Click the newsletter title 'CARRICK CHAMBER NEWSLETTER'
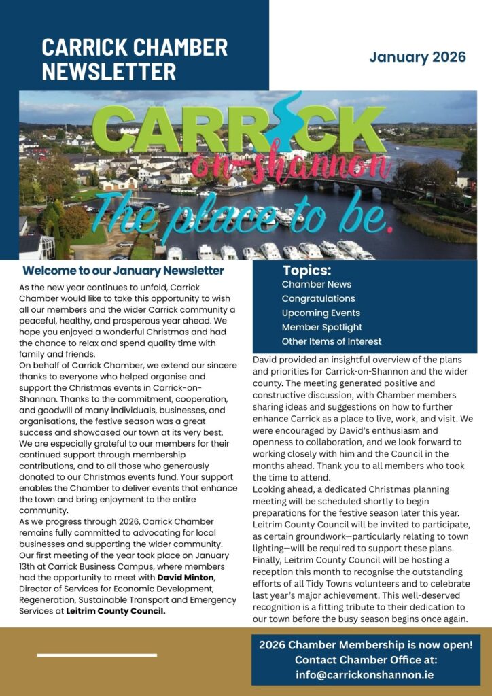pyautogui.click(x=135, y=59)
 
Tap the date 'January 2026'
pyautogui.click(x=417, y=57)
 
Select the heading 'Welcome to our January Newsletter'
pyautogui.click(x=123, y=271)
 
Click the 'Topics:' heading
pyautogui.click(x=307, y=270)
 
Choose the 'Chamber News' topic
pyautogui.click(x=316, y=284)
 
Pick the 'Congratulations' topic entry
pyautogui.click(x=318, y=298)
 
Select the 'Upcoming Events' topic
pyautogui.click(x=321, y=313)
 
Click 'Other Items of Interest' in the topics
pyautogui.click(x=332, y=341)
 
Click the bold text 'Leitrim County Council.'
pyautogui.click(x=116, y=611)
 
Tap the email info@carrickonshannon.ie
pyautogui.click(x=365, y=675)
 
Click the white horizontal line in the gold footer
pyautogui.click(x=96, y=655)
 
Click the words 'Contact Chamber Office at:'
pyautogui.click(x=366, y=660)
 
